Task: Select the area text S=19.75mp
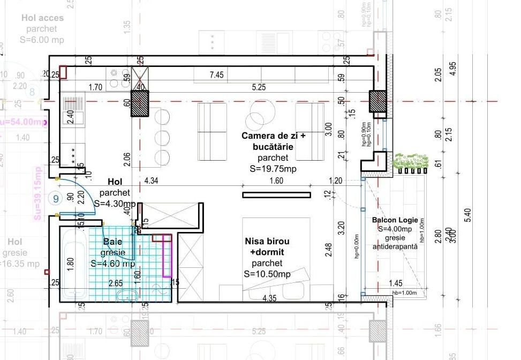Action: pyautogui.click(x=273, y=169)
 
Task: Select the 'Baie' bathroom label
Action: pyautogui.click(x=112, y=242)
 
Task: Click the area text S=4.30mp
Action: pyautogui.click(x=115, y=204)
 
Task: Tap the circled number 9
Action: pyautogui.click(x=56, y=198)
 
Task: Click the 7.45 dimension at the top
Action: pyautogui.click(x=216, y=75)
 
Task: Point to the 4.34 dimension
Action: pyautogui.click(x=151, y=181)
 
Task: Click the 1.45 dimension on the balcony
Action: pyautogui.click(x=396, y=283)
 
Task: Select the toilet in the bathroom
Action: pyautogui.click(x=127, y=295)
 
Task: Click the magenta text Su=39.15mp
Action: pyautogui.click(x=37, y=193)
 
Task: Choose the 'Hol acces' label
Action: pyautogui.click(x=42, y=18)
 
